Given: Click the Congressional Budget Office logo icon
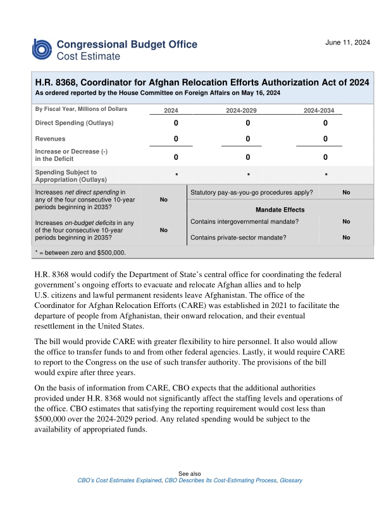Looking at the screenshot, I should tap(42, 49).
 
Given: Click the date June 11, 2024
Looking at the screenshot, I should tap(347, 42).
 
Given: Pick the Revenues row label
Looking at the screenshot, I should tap(50, 138).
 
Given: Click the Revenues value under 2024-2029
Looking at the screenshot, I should tap(248, 139).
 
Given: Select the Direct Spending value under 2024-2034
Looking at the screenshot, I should tap(325, 123).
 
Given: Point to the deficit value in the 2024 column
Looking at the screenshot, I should tap(176, 157).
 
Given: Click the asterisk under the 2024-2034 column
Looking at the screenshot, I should tap(326, 176).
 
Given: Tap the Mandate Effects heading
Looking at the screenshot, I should tap(280, 210).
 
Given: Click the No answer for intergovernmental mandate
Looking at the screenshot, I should tap(346, 222).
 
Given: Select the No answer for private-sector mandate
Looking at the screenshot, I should tap(346, 238).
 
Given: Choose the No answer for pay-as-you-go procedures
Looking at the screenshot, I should tap(346, 192).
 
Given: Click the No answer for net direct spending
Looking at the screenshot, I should tap(163, 200).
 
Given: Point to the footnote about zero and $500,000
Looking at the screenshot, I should tap(80, 252).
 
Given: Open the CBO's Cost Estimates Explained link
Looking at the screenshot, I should tap(118, 480).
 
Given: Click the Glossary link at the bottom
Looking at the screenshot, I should tap(291, 480).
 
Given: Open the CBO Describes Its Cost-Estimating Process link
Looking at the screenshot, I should tap(220, 480).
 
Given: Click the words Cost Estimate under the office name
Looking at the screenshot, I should tap(88, 56).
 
